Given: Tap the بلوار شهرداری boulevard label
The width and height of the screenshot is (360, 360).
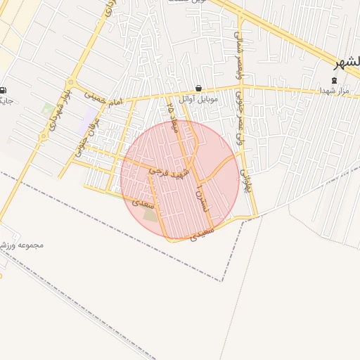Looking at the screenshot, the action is (x=58, y=109).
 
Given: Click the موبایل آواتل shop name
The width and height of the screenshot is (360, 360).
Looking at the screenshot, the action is (x=199, y=99).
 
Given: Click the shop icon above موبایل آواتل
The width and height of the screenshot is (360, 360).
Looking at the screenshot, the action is (x=199, y=89).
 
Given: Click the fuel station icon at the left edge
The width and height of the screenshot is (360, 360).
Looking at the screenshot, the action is (x=4, y=90).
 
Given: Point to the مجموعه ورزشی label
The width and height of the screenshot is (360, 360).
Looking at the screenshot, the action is (x=22, y=245).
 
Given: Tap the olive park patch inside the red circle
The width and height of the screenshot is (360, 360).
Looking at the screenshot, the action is (x=151, y=214).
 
